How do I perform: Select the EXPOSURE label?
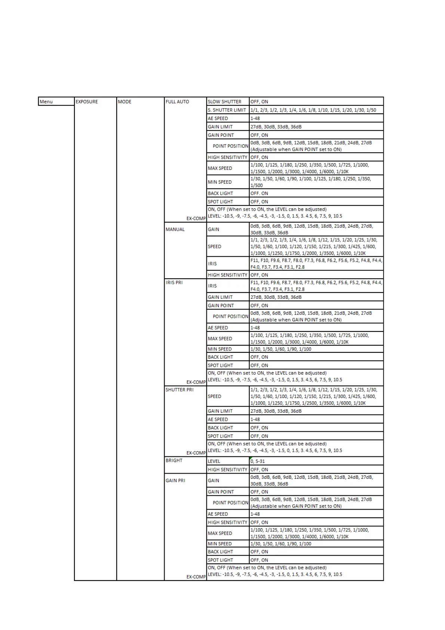pyautogui.click(x=87, y=102)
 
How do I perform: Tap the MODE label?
pyautogui.click(x=125, y=102)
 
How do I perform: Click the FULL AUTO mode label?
pyautogui.click(x=177, y=102)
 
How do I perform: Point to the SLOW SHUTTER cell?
pyautogui.click(x=224, y=102)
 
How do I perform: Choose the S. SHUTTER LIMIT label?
pyautogui.click(x=227, y=110)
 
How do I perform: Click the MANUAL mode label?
pyautogui.click(x=175, y=229)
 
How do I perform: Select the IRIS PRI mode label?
pyautogui.click(x=174, y=282)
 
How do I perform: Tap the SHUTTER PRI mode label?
pyautogui.click(x=179, y=389)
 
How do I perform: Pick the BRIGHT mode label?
pyautogui.click(x=174, y=460)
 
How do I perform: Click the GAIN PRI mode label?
pyautogui.click(x=175, y=480)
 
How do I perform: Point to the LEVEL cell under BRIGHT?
pyautogui.click(x=214, y=461)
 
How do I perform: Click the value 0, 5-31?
pyautogui.click(x=258, y=461)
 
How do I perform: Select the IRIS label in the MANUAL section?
pyautogui.click(x=212, y=263)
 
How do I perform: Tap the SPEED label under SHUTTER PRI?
pyautogui.click(x=214, y=396)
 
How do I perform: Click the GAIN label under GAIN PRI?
pyautogui.click(x=214, y=480)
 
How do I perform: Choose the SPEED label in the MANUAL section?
pyautogui.click(x=214, y=247)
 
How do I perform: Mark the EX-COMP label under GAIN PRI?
pyautogui.click(x=196, y=577)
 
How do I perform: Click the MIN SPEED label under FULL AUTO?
pyautogui.click(x=220, y=182)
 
